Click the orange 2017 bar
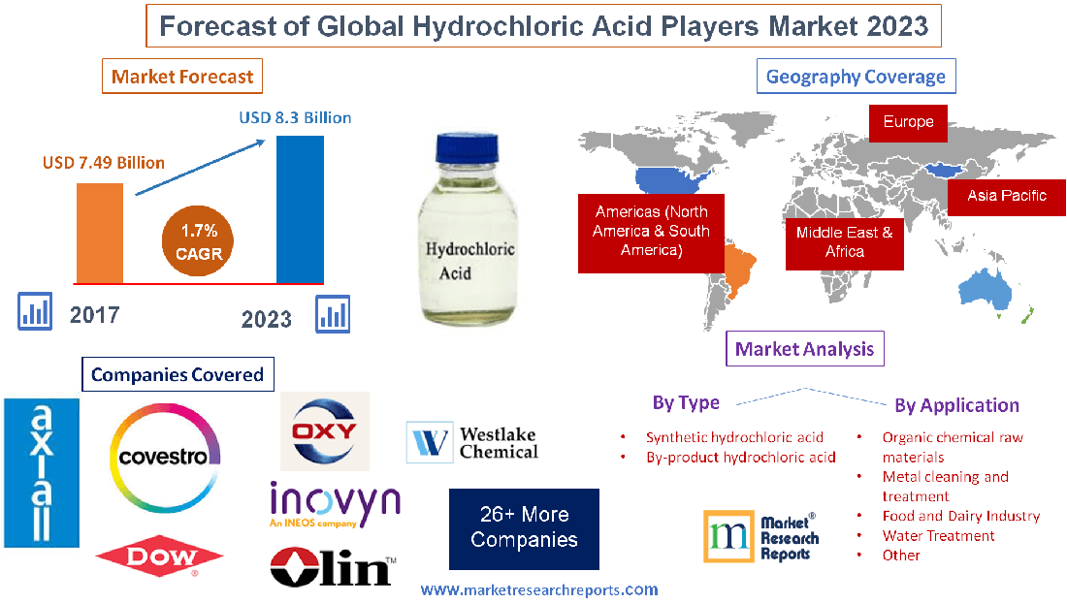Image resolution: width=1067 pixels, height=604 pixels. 100,233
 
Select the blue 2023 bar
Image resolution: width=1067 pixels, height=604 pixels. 300,207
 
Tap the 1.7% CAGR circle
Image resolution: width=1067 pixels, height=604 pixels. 199,241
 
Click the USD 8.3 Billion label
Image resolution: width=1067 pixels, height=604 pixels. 295,117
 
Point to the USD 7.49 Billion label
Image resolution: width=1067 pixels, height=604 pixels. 104,162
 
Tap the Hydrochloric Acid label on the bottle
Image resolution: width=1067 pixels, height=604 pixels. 470,261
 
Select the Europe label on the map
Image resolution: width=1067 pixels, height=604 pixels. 908,122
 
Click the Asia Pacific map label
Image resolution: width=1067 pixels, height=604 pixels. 1007,195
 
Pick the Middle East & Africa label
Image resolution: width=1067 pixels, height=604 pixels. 844,241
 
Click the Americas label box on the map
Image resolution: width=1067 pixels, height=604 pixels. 651,232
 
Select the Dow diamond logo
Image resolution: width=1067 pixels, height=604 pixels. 160,556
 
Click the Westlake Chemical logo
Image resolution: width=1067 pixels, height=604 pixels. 472,442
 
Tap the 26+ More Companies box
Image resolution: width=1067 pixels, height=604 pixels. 524,527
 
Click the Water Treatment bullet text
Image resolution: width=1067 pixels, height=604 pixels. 938,535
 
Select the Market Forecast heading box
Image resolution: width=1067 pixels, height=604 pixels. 182,77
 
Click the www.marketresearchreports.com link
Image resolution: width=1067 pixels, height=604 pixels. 539,589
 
